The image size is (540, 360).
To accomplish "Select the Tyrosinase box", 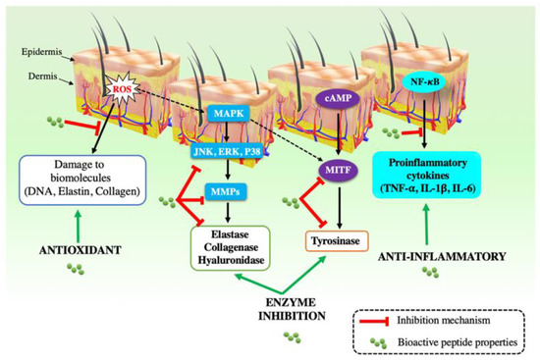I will click(x=328, y=238).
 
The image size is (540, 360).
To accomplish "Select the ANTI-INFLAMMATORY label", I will click(x=440, y=256).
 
